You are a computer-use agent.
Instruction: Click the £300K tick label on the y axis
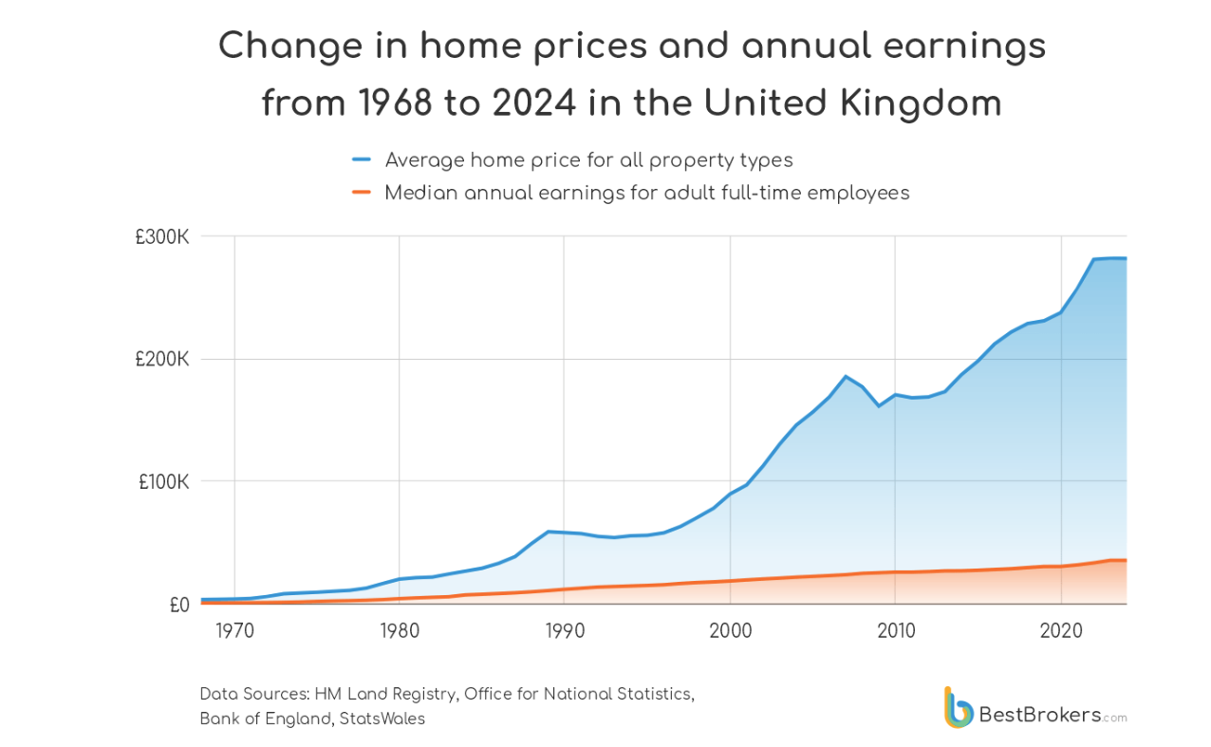point(162,237)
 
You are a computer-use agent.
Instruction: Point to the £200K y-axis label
point(162,360)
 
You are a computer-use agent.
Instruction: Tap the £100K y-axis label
point(164,482)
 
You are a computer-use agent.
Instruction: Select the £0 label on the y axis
point(177,605)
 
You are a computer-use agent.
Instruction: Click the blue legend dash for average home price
point(361,160)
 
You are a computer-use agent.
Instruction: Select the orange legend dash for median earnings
point(361,194)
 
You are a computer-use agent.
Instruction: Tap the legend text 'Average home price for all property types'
point(588,160)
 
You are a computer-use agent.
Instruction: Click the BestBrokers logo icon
point(959,707)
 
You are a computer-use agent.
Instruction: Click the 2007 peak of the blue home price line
point(846,376)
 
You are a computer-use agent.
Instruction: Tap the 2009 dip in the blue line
point(879,406)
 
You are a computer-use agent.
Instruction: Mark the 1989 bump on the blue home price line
point(549,532)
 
